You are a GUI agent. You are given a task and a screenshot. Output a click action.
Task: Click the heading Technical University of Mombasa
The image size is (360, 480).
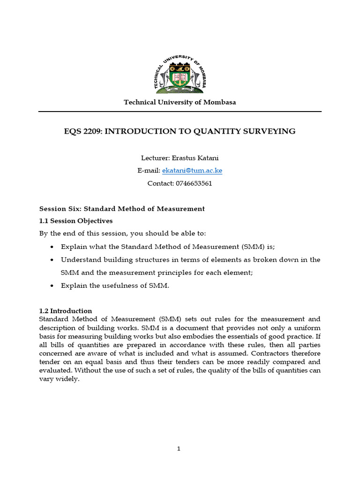tap(180, 102)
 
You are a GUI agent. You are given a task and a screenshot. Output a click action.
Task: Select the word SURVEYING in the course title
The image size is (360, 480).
tap(274, 131)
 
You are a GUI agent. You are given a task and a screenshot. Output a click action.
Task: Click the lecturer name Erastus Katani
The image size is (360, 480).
tap(193, 158)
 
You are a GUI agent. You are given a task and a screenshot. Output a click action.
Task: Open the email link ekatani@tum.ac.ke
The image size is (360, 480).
tap(192, 171)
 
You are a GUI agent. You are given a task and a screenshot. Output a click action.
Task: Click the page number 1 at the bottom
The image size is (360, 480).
tap(179, 449)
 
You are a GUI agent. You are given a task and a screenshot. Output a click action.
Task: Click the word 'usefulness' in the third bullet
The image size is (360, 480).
tap(117, 285)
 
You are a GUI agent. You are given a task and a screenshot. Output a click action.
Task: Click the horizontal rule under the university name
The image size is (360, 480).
tap(180, 112)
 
